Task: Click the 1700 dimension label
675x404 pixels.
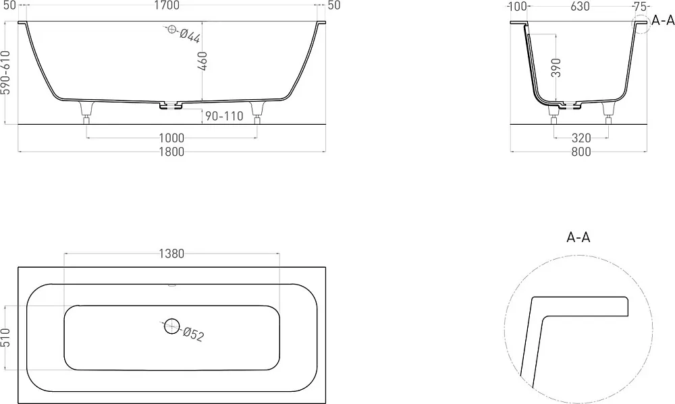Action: click(167, 5)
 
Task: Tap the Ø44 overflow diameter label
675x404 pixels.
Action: click(190, 36)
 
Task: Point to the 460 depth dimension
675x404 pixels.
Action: click(202, 61)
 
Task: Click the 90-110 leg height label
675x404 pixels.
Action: click(224, 116)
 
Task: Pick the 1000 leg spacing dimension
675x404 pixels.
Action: click(171, 138)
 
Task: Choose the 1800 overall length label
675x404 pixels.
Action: click(171, 152)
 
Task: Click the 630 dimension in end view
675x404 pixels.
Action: click(580, 6)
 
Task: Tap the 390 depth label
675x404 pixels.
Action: click(556, 67)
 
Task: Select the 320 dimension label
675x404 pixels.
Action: click(581, 138)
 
